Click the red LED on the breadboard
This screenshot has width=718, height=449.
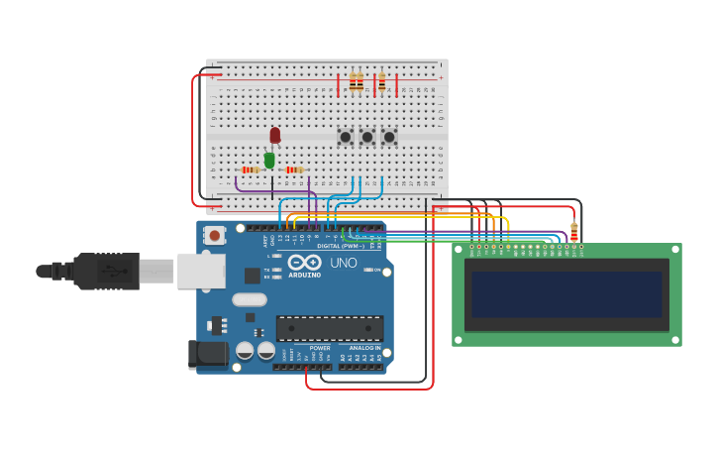(x=275, y=135)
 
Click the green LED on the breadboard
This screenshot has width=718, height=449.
(x=269, y=159)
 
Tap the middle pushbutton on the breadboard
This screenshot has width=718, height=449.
(x=366, y=137)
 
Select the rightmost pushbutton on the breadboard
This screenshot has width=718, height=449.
(x=388, y=137)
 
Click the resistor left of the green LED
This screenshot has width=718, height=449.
(x=252, y=169)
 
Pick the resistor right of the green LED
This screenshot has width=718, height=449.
(x=294, y=169)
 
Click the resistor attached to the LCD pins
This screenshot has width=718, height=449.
(x=573, y=233)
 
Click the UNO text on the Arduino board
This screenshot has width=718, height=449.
(x=343, y=263)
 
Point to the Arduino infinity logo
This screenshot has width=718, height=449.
(x=305, y=263)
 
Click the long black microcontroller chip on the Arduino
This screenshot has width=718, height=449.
(x=330, y=328)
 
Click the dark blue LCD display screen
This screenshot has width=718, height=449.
(x=566, y=294)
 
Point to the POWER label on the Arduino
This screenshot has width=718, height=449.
(x=320, y=348)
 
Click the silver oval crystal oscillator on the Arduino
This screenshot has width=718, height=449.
(x=251, y=299)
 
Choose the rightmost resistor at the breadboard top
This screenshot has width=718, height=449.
(x=381, y=82)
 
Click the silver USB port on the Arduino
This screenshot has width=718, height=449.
(x=201, y=271)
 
